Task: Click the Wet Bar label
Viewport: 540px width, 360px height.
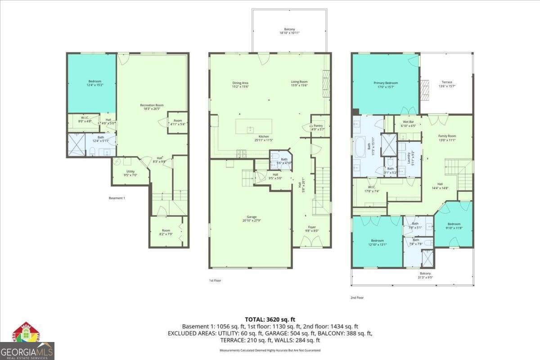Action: [408, 124]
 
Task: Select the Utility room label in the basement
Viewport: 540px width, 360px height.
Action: [130, 173]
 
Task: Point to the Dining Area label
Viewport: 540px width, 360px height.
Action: [240, 84]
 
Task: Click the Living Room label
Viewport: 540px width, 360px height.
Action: [299, 84]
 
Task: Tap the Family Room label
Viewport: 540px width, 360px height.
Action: [447, 138]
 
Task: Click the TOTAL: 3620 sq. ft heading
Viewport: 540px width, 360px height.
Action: [270, 319]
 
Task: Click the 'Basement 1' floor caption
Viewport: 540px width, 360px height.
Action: [117, 198]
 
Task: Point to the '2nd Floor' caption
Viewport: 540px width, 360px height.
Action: [357, 297]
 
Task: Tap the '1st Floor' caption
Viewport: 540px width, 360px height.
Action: [215, 280]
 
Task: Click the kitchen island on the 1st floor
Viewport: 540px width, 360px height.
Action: [254, 126]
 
